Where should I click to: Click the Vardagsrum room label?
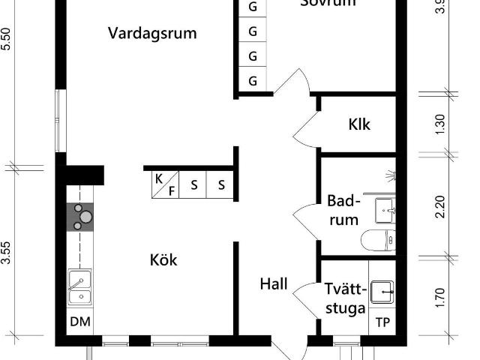[152, 33]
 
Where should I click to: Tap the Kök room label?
[163, 260]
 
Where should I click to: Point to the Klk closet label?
[359, 124]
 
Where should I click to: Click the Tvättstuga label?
[346, 298]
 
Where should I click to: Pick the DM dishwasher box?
[79, 322]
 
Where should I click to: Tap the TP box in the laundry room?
[382, 323]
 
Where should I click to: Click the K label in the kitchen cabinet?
[159, 178]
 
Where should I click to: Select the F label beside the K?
[171, 190]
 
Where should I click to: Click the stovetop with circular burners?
[80, 217]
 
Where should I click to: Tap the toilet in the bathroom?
[377, 240]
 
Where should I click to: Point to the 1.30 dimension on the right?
[441, 124]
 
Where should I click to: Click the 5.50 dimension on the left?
[7, 39]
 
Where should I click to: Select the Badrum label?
[344, 211]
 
